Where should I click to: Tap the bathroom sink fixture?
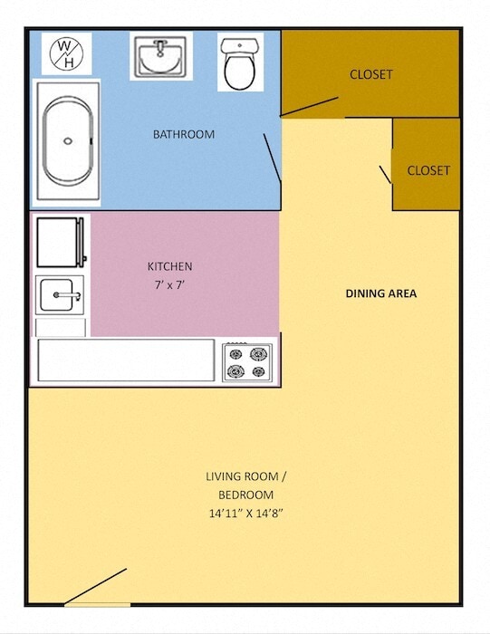[x=161, y=57]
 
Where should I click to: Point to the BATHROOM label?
[x=184, y=134]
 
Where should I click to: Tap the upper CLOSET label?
[x=371, y=74]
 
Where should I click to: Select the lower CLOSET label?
[x=428, y=170]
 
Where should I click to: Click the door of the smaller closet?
[x=385, y=173]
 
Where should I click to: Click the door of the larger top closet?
[x=309, y=107]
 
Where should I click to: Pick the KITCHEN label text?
[x=170, y=266]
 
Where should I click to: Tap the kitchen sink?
[x=61, y=294]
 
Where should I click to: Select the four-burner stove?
[x=247, y=360]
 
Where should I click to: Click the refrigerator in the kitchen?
[x=61, y=241]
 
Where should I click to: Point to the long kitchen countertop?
[x=126, y=360]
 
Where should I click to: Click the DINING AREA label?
[x=381, y=293]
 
